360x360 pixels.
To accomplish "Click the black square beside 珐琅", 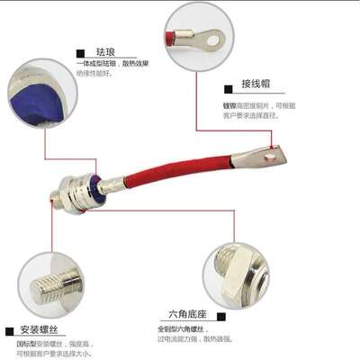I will [81, 54].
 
